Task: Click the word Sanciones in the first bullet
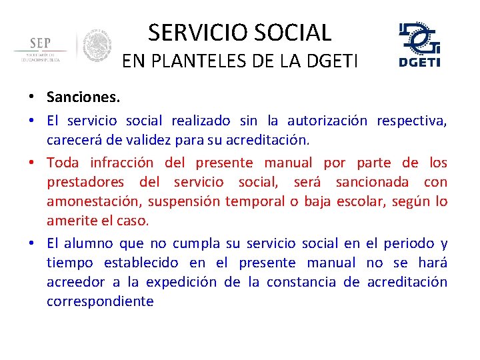coord(83,97)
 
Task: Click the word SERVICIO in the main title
coord(194,33)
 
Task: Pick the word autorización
coord(327,121)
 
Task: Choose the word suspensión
coord(183,201)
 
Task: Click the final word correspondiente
coord(100,301)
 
